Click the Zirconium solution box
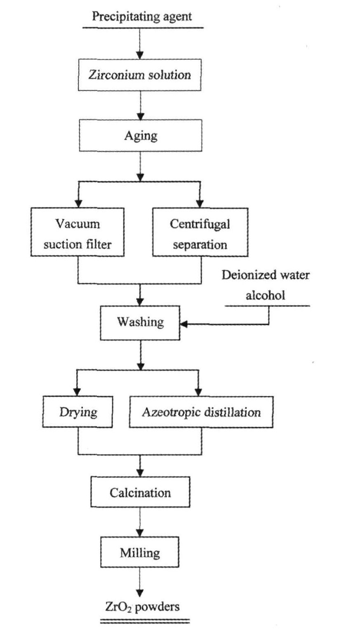(140, 75)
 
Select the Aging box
(141, 136)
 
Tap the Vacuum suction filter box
(78, 232)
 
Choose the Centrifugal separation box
(200, 232)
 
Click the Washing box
(140, 323)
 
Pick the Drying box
(78, 412)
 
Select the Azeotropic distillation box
(201, 412)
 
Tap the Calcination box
(140, 492)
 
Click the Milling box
(140, 552)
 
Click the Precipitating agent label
(142, 16)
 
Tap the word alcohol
(265, 295)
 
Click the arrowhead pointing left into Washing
(184, 324)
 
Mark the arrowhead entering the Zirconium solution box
(140, 55)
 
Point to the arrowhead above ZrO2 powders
(140, 593)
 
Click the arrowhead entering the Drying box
(77, 392)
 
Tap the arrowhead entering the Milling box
(140, 533)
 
